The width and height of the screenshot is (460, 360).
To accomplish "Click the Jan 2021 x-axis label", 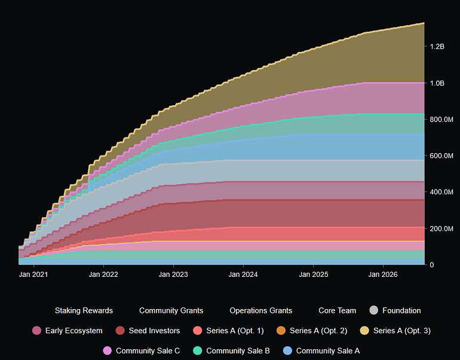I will point(33,275).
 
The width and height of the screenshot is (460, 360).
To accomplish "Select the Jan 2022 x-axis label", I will point(103,275).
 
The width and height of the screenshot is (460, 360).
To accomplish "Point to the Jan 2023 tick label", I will point(173,275).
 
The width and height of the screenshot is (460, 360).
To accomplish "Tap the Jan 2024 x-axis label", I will point(243,275).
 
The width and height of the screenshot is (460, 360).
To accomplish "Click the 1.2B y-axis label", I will point(437,47).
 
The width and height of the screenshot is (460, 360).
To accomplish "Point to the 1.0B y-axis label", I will point(437,83).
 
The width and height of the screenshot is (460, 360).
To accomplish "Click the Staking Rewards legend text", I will point(84,310).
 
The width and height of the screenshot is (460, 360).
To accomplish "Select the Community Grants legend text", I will point(171,310).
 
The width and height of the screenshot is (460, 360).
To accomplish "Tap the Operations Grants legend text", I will point(260,310).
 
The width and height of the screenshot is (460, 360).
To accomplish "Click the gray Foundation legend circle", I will point(374,310).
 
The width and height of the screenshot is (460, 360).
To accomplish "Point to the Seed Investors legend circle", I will point(120,331).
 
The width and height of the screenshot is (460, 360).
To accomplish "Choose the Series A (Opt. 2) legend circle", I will point(281,331).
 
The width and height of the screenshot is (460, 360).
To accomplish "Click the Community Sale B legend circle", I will point(198,350).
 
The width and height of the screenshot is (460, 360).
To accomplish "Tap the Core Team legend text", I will point(338,310).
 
